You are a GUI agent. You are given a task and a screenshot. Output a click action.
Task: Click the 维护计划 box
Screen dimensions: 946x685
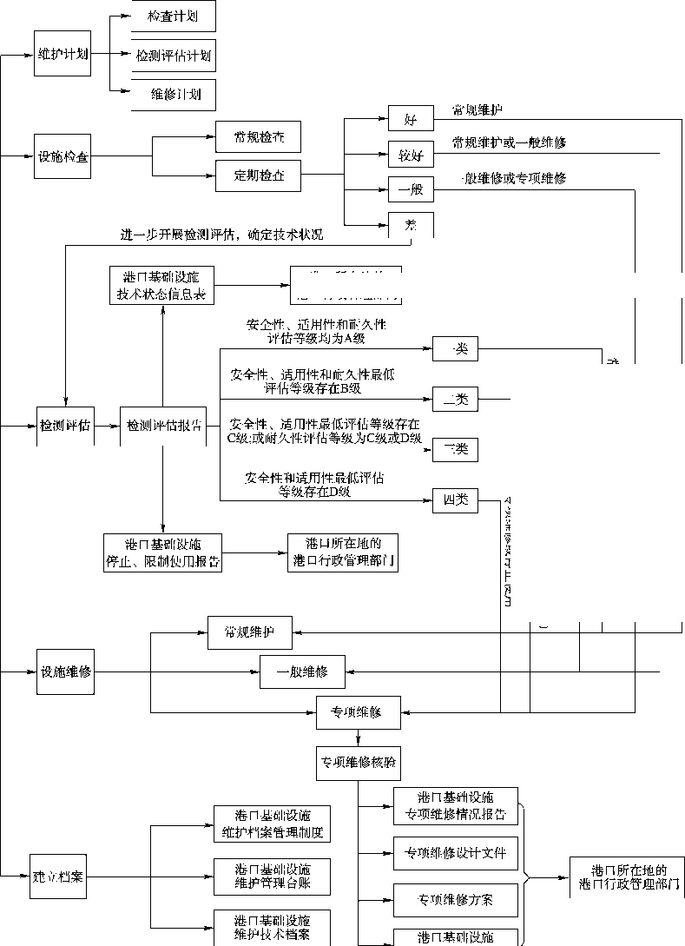(x=62, y=55)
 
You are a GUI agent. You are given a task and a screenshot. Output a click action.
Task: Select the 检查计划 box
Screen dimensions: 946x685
(x=171, y=17)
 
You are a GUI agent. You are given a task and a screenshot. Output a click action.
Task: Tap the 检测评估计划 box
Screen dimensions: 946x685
(x=171, y=56)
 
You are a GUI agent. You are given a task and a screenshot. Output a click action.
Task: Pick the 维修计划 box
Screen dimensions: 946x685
(x=171, y=94)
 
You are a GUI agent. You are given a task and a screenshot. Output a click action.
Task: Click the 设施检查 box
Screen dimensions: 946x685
(x=62, y=157)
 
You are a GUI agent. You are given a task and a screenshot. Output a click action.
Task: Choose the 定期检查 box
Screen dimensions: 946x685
(x=258, y=177)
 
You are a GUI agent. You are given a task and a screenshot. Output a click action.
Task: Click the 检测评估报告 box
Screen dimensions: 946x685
(x=162, y=427)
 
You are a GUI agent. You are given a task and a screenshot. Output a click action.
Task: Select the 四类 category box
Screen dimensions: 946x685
(x=455, y=499)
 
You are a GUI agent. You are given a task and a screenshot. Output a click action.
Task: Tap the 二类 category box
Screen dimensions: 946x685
(x=455, y=400)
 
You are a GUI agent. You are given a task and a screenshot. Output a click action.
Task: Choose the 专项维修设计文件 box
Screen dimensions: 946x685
(x=456, y=852)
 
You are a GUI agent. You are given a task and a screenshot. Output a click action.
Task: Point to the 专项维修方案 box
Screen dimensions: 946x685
(x=456, y=900)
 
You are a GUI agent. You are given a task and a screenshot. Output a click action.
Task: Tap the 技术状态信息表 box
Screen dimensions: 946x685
(x=162, y=286)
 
